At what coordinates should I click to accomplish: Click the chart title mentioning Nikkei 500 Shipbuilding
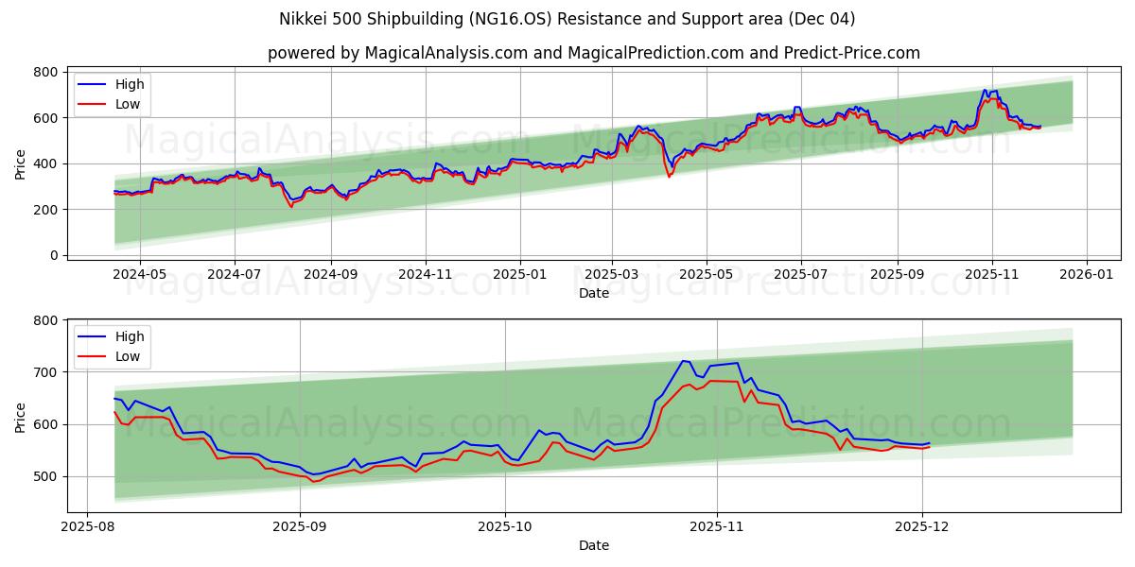coord(567,19)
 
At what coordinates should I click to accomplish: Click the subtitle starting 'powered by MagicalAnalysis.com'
coord(593,53)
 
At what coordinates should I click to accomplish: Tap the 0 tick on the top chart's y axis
coord(55,255)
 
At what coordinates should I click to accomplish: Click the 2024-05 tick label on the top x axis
coord(140,275)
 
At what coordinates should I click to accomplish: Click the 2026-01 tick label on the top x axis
coord(1086,275)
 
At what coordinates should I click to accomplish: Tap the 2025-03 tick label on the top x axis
coord(611,275)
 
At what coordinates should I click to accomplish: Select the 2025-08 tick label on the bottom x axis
coord(88,527)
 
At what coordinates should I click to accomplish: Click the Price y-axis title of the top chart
coord(21,163)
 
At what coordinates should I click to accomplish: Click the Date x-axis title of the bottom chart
coord(593,545)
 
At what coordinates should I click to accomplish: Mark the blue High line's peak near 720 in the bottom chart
coord(684,361)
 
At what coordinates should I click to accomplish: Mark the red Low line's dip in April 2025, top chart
coord(670,177)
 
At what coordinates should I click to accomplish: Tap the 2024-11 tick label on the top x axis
coord(426,275)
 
